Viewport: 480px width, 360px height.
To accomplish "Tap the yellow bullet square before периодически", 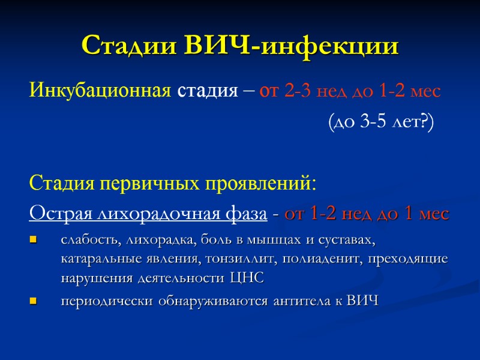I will pos(34,301).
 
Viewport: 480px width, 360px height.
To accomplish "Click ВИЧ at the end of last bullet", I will pos(364,301).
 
